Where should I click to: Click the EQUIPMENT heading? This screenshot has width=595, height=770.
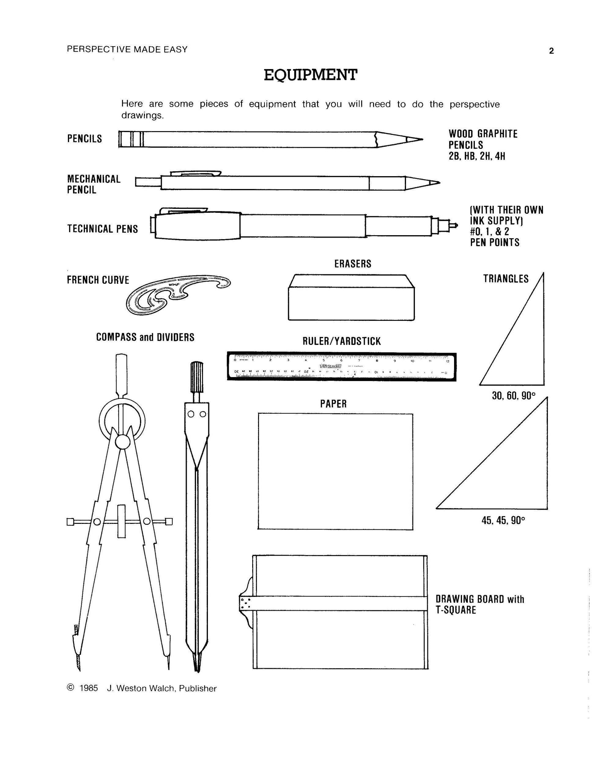click(311, 75)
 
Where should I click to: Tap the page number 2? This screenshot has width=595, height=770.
click(551, 51)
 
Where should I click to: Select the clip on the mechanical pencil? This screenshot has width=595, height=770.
click(195, 173)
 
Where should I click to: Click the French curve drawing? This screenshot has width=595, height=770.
click(178, 293)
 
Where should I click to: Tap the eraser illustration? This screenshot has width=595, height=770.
click(351, 298)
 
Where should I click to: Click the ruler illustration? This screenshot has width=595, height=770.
click(341, 366)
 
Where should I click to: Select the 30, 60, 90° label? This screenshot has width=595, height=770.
click(513, 396)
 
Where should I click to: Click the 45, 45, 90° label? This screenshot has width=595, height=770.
click(503, 520)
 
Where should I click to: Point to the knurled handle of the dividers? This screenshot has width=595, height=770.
click(197, 376)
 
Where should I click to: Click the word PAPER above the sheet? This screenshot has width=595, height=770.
click(333, 404)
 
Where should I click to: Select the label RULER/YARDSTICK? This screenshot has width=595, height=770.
click(342, 341)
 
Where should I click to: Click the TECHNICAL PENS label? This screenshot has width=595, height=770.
click(102, 229)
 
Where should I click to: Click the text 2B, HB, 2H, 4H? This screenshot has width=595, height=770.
click(477, 156)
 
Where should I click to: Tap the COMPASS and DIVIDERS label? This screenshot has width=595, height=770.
click(145, 337)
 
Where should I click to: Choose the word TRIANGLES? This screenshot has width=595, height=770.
click(505, 279)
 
